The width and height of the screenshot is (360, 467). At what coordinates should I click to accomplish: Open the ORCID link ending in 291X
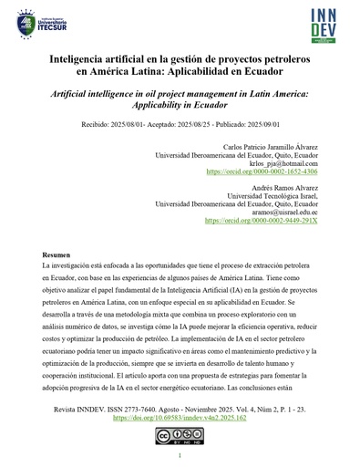click(262, 220)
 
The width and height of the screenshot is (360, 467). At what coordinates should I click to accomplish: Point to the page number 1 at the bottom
click(180, 455)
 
